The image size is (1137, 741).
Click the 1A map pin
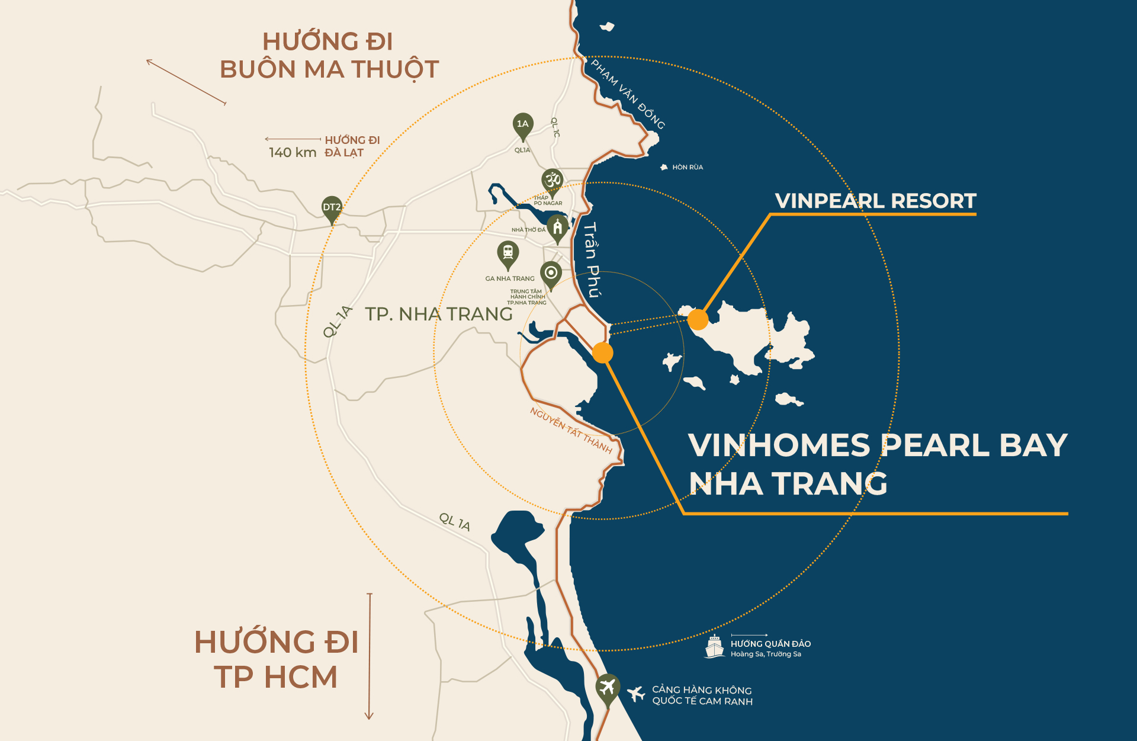pos(522,125)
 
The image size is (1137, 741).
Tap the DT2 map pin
pos(332,208)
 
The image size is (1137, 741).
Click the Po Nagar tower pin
pos(553,180)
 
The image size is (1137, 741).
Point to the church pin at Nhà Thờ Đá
pos(557,227)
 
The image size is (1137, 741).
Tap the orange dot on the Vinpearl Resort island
pos(698,319)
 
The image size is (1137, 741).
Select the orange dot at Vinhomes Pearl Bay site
pos(602,352)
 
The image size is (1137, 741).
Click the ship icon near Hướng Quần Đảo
pos(715,646)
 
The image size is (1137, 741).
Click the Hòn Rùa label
pos(687,167)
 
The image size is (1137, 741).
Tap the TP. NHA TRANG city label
pos(438,314)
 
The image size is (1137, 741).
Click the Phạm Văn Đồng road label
pos(628,94)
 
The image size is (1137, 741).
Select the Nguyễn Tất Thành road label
pos(571,430)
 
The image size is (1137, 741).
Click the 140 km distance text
pos(293,152)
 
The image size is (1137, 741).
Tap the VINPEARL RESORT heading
pos(875,201)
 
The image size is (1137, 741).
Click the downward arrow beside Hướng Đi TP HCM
pos(369,656)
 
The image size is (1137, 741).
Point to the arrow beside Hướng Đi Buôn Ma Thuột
pos(186,82)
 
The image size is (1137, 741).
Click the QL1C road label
pos(555,127)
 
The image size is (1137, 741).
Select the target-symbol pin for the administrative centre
pos(551,274)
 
